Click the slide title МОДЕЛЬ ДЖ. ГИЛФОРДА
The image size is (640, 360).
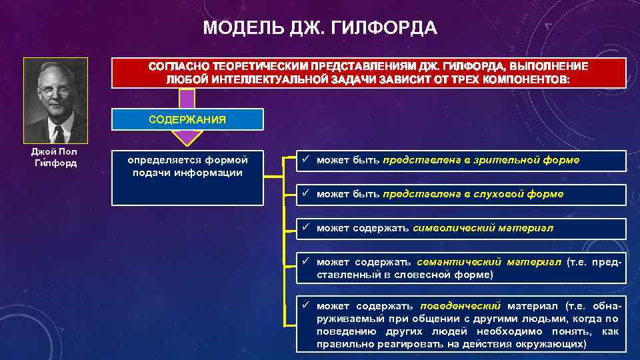point(320,28)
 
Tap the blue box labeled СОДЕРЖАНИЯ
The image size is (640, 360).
point(187,119)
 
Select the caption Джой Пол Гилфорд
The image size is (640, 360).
point(55,157)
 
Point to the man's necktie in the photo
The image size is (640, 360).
point(59,134)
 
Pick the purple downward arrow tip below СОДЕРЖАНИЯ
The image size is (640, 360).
point(187,141)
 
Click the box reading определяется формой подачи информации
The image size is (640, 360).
point(187,167)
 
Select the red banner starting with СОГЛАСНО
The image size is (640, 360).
point(369,73)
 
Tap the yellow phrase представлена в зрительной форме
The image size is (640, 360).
point(481,160)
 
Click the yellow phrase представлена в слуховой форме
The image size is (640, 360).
point(473,194)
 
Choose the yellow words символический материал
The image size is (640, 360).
point(483,228)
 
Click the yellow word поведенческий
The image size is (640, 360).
point(460,306)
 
